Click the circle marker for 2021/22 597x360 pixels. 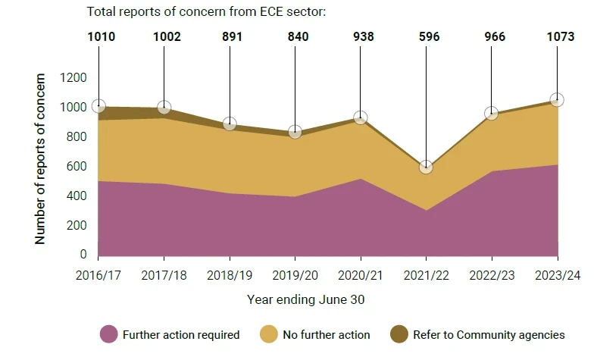tap(426, 167)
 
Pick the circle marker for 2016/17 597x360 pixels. tap(98, 106)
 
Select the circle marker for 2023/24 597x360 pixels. tap(557, 100)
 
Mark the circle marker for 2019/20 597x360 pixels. tap(295, 132)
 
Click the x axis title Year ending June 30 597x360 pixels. tap(305, 299)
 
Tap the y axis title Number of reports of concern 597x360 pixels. tap(41, 158)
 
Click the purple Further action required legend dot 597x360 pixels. tap(109, 334)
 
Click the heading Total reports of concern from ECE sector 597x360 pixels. tap(206, 12)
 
